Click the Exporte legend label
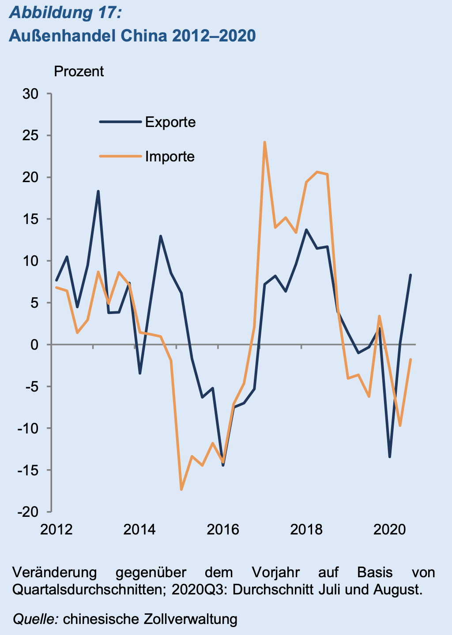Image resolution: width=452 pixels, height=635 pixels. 170,122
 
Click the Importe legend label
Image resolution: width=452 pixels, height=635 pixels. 169,157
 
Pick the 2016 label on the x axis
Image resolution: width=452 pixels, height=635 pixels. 223,529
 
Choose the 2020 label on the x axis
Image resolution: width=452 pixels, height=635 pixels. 389,529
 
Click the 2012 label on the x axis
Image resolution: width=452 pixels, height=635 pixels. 56,529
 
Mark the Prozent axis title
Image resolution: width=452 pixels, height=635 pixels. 79,71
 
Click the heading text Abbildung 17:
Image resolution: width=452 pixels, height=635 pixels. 65,13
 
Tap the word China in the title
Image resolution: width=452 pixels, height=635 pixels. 144,35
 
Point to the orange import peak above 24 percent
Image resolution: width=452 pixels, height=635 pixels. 264,142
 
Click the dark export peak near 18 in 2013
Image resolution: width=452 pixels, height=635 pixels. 98,191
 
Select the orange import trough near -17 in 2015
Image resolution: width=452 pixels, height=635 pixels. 181,489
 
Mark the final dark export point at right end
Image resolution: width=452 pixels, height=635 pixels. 411,275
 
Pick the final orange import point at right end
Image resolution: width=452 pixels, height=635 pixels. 411,360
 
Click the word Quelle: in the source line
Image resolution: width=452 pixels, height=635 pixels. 36,619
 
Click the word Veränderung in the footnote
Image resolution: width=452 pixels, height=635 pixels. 54,572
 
